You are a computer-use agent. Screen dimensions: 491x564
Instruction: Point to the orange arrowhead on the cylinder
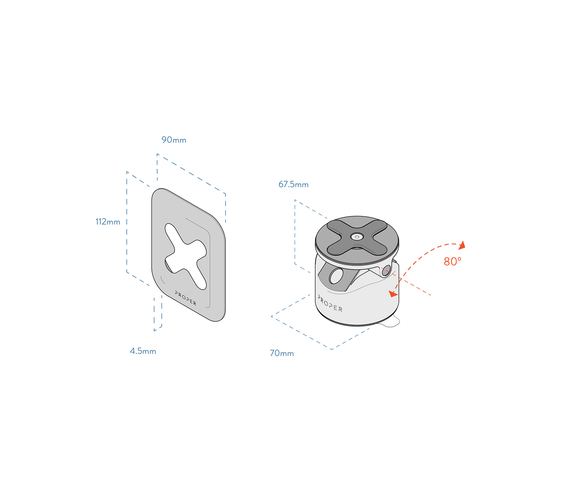tap(393, 295)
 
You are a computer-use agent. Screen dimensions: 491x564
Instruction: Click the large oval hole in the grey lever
tap(336, 276)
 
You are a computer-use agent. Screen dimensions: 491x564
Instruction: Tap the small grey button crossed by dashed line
tap(386, 270)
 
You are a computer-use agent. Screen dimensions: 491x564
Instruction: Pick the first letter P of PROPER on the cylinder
tap(320, 297)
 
